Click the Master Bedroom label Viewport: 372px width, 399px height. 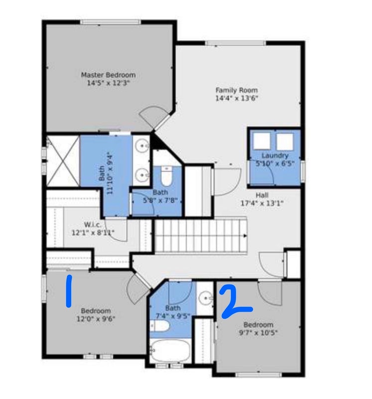108,75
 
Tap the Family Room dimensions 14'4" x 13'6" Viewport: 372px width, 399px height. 237,98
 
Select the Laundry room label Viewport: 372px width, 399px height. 275,156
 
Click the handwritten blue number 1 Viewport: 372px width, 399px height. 69,291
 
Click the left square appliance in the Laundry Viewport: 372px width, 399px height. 262,141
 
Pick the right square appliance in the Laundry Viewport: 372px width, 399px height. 285,142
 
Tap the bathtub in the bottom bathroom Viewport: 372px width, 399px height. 170,351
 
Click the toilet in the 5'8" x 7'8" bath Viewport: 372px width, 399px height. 167,176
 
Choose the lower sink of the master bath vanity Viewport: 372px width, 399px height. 142,175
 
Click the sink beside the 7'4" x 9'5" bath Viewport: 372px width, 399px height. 205,298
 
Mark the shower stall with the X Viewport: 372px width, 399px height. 63,161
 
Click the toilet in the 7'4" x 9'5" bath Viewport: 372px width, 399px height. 159,326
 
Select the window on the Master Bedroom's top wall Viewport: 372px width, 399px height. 111,22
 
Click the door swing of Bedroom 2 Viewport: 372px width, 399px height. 270,293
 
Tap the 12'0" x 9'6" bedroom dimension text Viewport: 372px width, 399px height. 96,319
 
